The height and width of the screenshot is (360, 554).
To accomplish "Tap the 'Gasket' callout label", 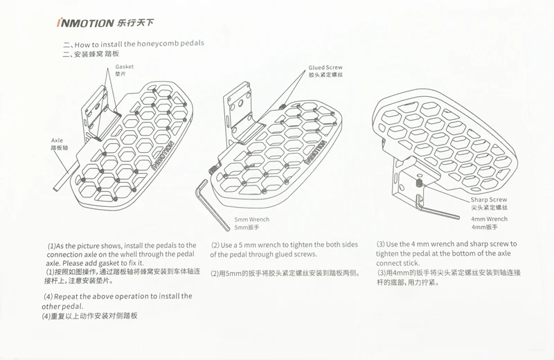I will [x=124, y=67].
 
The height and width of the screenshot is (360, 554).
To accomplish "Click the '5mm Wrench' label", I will [x=252, y=219].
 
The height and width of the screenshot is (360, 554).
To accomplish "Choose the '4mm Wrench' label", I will [x=489, y=219].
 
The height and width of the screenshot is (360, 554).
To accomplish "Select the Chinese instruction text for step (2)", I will [x=285, y=273].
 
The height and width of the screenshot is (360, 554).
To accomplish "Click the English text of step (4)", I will [x=118, y=300].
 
